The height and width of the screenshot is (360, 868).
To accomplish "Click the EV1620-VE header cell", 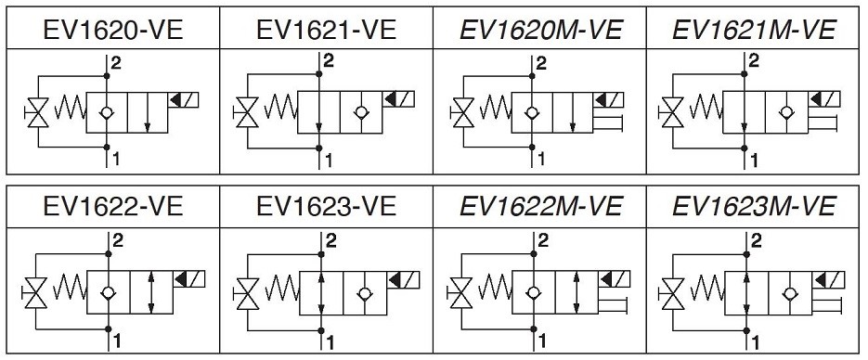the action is click(113, 30).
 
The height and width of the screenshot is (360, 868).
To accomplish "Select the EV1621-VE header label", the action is click(326, 30).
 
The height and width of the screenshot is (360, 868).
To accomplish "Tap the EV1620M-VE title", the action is click(541, 30).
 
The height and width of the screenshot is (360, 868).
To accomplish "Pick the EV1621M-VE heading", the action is click(754, 30).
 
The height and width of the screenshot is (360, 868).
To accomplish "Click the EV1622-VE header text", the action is click(113, 206).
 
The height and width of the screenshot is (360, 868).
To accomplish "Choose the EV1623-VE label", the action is click(326, 206).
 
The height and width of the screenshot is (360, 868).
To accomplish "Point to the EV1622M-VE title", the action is click(541, 206).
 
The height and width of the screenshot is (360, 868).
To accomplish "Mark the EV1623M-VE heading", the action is click(754, 206).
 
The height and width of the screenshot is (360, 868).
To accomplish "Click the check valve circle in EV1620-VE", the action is click(107, 112).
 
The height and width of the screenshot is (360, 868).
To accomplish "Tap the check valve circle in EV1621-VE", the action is click(361, 112).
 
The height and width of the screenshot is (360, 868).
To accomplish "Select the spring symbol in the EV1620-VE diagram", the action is click(71, 107).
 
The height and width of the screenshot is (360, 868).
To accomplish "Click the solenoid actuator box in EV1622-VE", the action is click(189, 279).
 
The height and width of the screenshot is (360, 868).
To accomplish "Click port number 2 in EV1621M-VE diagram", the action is click(754, 59).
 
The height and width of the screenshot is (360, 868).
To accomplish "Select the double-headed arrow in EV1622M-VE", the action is click(577, 292).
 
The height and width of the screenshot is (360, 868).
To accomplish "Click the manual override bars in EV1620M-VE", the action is click(608, 122).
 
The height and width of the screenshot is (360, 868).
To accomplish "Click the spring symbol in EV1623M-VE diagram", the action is click(706, 288).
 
